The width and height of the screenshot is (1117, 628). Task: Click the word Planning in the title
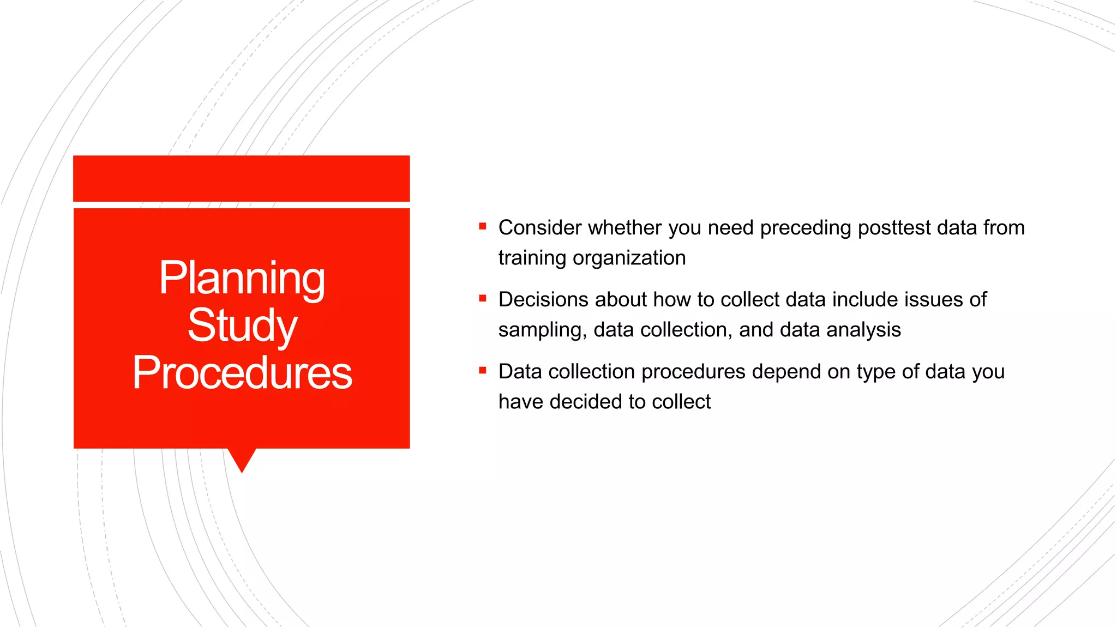point(242,279)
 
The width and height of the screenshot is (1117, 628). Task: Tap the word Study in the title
point(242,325)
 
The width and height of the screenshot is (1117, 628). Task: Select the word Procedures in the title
point(242,373)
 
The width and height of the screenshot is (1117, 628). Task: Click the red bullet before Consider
point(482,226)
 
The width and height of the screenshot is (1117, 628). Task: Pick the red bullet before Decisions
point(482,298)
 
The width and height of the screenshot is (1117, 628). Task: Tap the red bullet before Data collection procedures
point(482,370)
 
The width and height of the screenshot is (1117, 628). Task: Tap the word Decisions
point(543,300)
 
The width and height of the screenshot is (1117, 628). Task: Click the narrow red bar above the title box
point(241,178)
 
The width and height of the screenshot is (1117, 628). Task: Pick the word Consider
point(540,228)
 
